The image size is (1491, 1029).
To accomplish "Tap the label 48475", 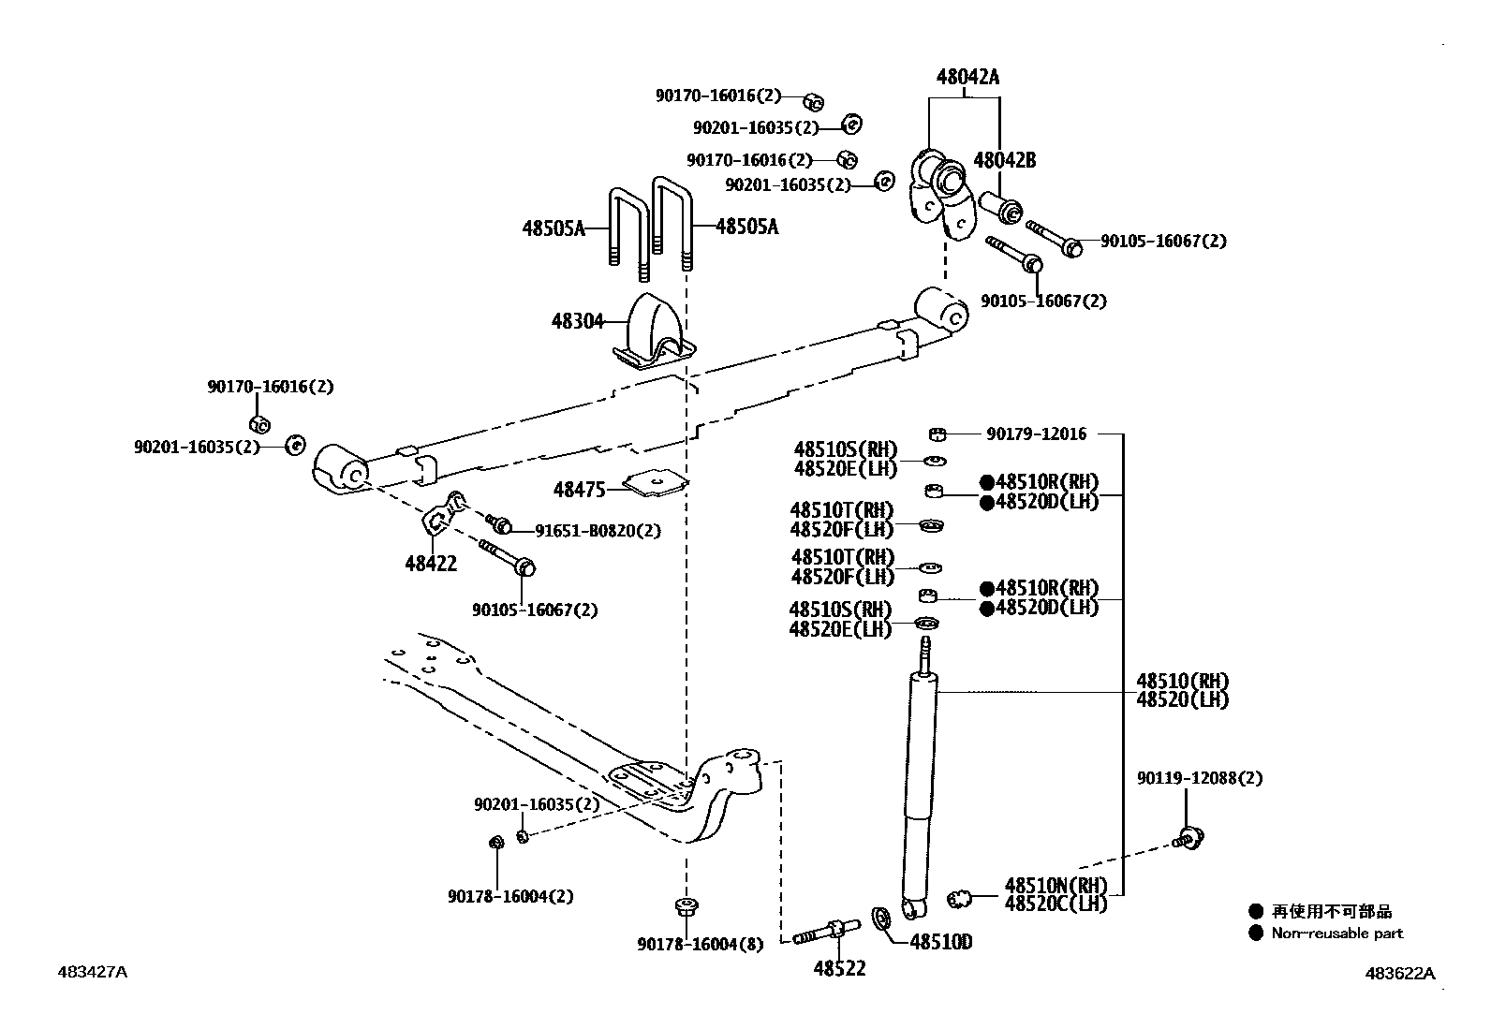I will pyautogui.click(x=579, y=489).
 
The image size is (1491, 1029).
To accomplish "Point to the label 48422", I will pyautogui.click(x=431, y=563).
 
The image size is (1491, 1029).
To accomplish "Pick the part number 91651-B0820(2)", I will pyautogui.click(x=598, y=531).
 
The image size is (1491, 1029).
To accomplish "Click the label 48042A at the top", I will pyautogui.click(x=967, y=77).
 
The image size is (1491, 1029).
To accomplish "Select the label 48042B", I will pyautogui.click(x=1004, y=160).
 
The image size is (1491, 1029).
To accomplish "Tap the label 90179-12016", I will pyautogui.click(x=1036, y=434).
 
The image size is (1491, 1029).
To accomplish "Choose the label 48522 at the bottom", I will pyautogui.click(x=839, y=968).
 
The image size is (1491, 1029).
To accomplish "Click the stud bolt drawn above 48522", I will pyautogui.click(x=827, y=932).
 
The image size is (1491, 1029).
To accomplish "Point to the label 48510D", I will pyautogui.click(x=940, y=942).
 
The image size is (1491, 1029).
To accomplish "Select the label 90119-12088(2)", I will pyautogui.click(x=1199, y=778).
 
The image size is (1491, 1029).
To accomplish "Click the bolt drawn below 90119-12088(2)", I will pyautogui.click(x=1189, y=838).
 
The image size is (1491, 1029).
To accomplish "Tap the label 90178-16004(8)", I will pyautogui.click(x=701, y=945).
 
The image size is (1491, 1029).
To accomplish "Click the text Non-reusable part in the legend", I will pyautogui.click(x=1336, y=933).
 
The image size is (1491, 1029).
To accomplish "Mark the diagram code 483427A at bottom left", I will pyautogui.click(x=92, y=972).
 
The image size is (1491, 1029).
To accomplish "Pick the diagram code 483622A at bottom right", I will pyautogui.click(x=1399, y=973).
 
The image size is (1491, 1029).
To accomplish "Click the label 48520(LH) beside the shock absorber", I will pyautogui.click(x=1182, y=699).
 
